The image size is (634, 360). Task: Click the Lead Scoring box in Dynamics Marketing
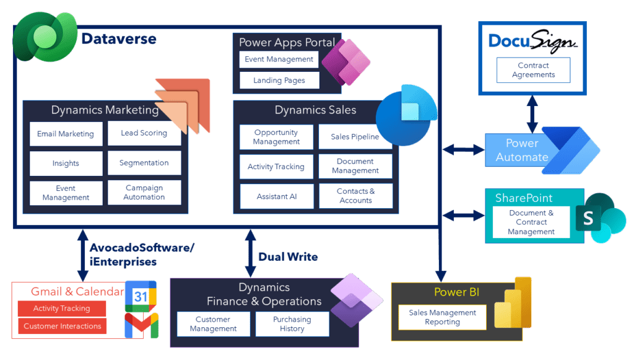pyautogui.click(x=144, y=133)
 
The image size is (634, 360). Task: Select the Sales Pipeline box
pyautogui.click(x=355, y=137)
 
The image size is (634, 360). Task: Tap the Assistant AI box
pyautogui.click(x=277, y=196)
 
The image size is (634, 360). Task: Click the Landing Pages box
pyautogui.click(x=279, y=81)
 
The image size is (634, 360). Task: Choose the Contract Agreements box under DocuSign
pyautogui.click(x=533, y=70)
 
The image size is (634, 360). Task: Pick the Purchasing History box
pyautogui.click(x=292, y=324)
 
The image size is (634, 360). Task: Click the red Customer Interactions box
pyautogui.click(x=62, y=326)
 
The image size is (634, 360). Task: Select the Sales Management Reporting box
pyautogui.click(x=442, y=317)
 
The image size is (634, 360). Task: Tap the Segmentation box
pyautogui.click(x=144, y=163)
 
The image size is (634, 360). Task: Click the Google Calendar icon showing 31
pyautogui.click(x=141, y=296)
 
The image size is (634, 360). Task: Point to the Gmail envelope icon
pyautogui.click(x=141, y=325)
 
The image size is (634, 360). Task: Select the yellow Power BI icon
pyautogui.click(x=513, y=304)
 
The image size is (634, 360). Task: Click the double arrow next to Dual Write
pyautogui.click(x=250, y=253)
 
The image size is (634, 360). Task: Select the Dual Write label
pyautogui.click(x=288, y=257)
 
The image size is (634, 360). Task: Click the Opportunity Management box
pyautogui.click(x=276, y=137)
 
